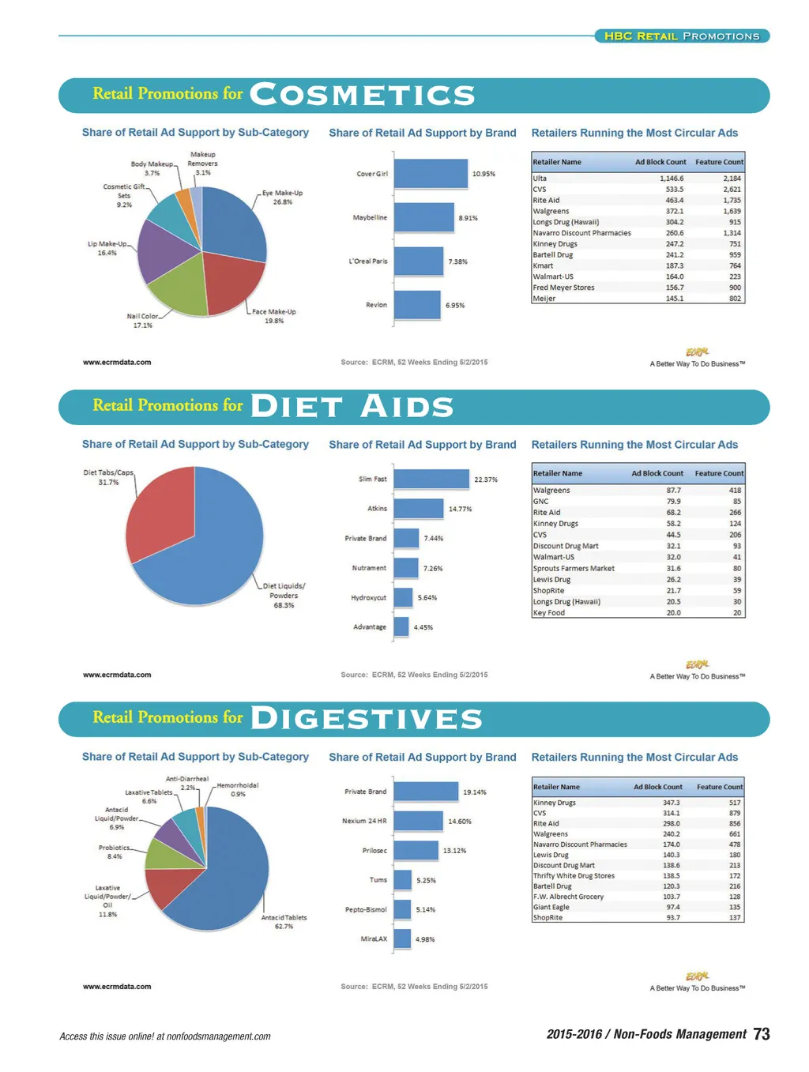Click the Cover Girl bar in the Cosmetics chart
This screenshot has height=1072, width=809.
(431, 174)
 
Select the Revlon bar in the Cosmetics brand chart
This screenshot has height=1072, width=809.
(417, 305)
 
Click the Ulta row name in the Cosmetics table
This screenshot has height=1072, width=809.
(540, 179)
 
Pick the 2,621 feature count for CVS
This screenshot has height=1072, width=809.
(732, 190)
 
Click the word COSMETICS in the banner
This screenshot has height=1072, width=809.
(363, 95)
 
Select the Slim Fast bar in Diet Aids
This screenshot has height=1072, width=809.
(431, 479)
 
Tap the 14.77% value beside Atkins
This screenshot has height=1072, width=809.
(460, 509)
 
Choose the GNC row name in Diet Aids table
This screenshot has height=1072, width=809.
(541, 502)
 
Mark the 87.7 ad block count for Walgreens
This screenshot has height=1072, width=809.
(673, 491)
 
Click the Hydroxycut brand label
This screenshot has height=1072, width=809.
(369, 598)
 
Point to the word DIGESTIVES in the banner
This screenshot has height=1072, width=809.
(367, 719)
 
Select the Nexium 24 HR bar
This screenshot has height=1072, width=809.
(418, 821)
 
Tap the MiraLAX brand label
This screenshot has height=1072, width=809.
(374, 939)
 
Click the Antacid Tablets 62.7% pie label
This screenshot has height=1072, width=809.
(284, 922)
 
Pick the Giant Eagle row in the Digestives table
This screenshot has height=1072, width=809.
(551, 907)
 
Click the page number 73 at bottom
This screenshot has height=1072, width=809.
(762, 1034)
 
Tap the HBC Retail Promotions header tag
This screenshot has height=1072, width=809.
(682, 36)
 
